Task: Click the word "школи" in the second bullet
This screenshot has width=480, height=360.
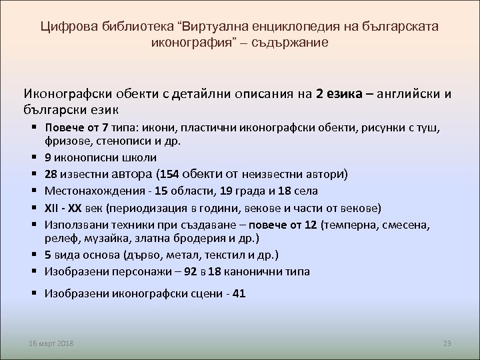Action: click(x=140, y=158)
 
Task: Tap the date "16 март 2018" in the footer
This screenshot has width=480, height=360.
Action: click(x=52, y=343)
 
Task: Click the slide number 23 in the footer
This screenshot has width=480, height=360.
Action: click(x=447, y=343)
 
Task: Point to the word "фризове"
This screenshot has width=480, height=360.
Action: click(x=67, y=142)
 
